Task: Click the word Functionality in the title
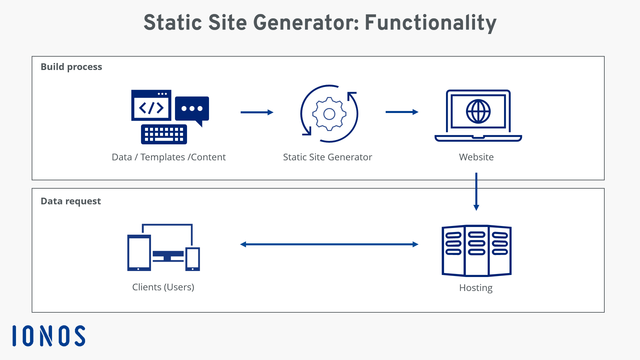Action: [x=430, y=23]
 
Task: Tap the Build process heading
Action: [x=71, y=67]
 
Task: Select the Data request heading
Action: [x=71, y=201]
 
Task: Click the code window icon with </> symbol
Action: [x=151, y=106]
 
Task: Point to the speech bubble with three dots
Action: [x=192, y=109]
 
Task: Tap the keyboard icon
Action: [x=164, y=134]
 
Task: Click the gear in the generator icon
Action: [x=329, y=114]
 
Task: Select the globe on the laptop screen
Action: [x=478, y=111]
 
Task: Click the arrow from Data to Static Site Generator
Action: [x=257, y=112]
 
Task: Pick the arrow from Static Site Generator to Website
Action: [x=402, y=112]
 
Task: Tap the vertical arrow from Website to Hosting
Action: [x=476, y=192]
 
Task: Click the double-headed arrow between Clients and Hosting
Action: [x=329, y=244]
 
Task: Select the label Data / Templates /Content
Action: [x=169, y=157]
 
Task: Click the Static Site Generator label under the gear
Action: [x=327, y=157]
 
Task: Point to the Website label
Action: [x=476, y=157]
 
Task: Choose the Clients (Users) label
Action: [x=163, y=287]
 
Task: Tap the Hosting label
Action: [x=476, y=288]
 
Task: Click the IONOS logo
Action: [x=49, y=336]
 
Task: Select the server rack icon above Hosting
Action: [x=476, y=251]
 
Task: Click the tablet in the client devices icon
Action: [x=139, y=253]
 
